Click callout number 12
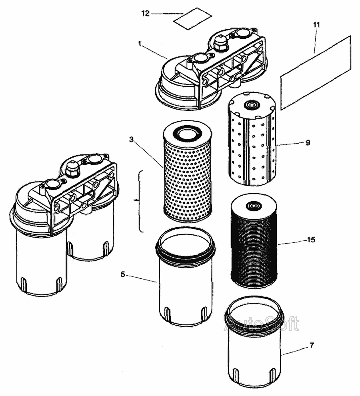(145, 14)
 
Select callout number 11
(316, 25)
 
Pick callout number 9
(308, 142)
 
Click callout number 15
(311, 240)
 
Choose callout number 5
(123, 274)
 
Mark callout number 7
(312, 345)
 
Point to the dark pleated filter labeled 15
(254, 244)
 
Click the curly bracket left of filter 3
(139, 201)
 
